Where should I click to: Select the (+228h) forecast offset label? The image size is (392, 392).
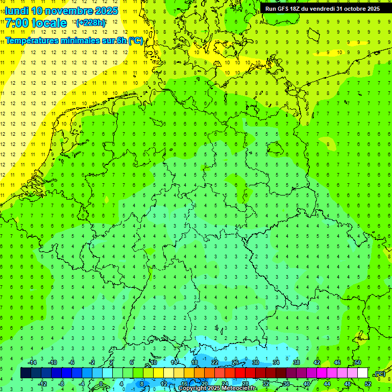click(91, 23)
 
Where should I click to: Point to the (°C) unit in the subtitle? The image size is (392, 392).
click(135, 41)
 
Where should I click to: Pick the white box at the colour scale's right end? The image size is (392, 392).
click(362, 373)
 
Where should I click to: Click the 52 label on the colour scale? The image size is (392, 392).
click(368, 384)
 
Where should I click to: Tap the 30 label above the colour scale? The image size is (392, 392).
click(255, 362)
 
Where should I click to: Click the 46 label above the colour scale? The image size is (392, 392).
click(337, 362)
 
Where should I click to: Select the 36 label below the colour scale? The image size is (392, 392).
click(286, 384)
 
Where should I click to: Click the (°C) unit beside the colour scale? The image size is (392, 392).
click(379, 373)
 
